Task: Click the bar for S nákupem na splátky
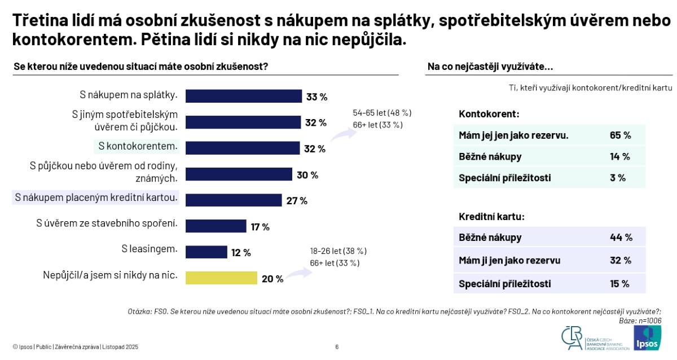(x=244, y=96)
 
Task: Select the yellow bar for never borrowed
(x=221, y=278)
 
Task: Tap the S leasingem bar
(x=206, y=252)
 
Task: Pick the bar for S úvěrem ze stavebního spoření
(x=216, y=226)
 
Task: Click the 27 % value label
(x=297, y=201)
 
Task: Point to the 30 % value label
(x=307, y=175)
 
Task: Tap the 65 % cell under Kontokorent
(x=620, y=135)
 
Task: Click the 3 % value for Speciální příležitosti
(x=618, y=178)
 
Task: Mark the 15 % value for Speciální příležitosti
(x=619, y=284)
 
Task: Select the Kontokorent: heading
(x=489, y=113)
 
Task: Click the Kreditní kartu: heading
(x=491, y=216)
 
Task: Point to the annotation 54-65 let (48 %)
(x=382, y=112)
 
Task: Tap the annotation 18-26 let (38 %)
(x=338, y=251)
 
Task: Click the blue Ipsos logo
(x=647, y=337)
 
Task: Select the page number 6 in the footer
(x=337, y=347)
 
